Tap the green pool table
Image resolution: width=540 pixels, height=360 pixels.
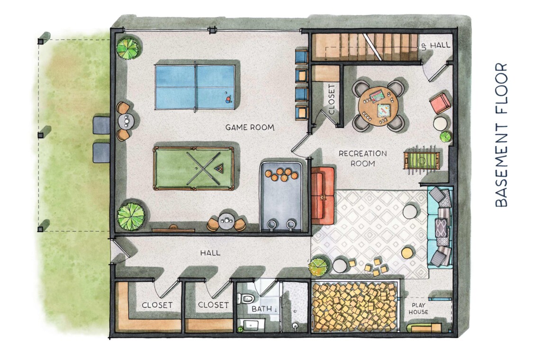[x=194, y=168]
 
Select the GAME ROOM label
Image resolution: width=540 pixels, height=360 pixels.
[x=250, y=127]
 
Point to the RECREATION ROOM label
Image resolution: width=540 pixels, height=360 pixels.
[x=362, y=158]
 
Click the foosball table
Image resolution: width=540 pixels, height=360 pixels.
[x=422, y=161]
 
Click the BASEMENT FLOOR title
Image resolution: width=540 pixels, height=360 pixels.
[x=502, y=135]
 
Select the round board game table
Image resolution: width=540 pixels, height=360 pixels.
[x=378, y=105]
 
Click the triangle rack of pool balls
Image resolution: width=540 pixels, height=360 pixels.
[x=218, y=169]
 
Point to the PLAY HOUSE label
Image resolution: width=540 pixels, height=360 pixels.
[x=418, y=309]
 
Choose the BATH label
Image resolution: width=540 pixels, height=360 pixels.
[x=262, y=309]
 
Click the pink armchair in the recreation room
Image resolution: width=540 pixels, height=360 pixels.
[x=440, y=103]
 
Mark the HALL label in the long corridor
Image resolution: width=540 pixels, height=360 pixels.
[x=210, y=253]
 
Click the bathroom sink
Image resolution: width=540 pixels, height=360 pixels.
[x=251, y=325]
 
